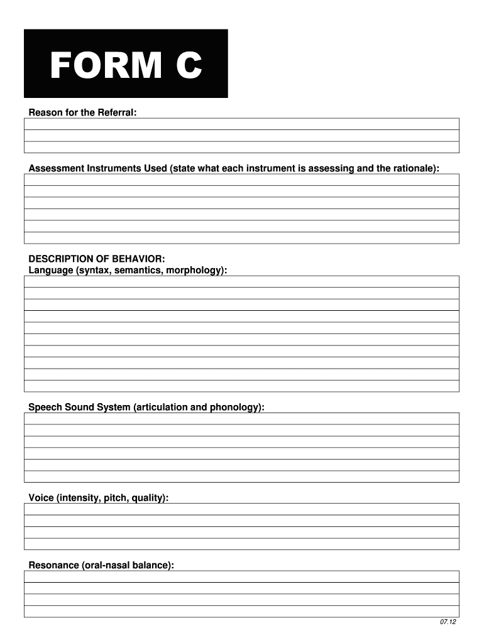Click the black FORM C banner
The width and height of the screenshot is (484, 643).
tap(126, 63)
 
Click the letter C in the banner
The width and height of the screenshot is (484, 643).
tap(188, 66)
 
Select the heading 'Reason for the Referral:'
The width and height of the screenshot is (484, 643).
tap(82, 112)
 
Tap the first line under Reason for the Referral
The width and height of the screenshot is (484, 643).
tap(241, 124)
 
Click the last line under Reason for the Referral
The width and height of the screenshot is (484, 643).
tap(241, 147)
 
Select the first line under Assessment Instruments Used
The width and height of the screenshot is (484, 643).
tap(241, 180)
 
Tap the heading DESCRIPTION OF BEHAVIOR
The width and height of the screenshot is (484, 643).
tap(97, 259)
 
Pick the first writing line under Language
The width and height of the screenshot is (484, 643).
tap(241, 281)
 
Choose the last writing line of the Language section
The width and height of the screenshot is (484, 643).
tap(241, 386)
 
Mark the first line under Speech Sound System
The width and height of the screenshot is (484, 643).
tap(241, 419)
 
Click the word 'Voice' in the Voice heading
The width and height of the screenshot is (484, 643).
tap(41, 498)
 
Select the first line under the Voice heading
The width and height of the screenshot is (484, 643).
tap(241, 509)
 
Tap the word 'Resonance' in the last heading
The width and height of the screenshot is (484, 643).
tap(54, 565)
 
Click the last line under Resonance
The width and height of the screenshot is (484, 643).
tap(241, 611)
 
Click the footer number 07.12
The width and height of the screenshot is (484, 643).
tap(448, 622)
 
